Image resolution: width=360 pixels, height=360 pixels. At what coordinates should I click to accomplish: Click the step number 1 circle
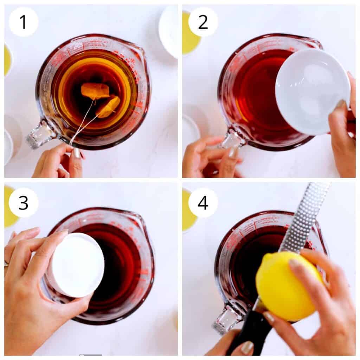[23, 22]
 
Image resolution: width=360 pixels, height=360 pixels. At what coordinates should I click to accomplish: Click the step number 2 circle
[203, 22]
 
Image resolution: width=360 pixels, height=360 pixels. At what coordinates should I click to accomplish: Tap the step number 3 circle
[23, 202]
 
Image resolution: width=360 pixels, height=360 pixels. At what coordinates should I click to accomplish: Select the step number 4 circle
[203, 202]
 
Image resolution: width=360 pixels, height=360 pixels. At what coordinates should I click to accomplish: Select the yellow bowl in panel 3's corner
[11, 207]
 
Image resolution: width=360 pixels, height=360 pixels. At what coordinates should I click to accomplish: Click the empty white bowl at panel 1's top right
[169, 30]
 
